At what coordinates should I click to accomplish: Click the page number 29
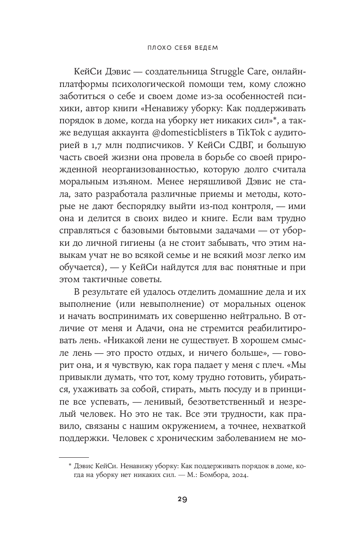pyautogui.click(x=180, y=500)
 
